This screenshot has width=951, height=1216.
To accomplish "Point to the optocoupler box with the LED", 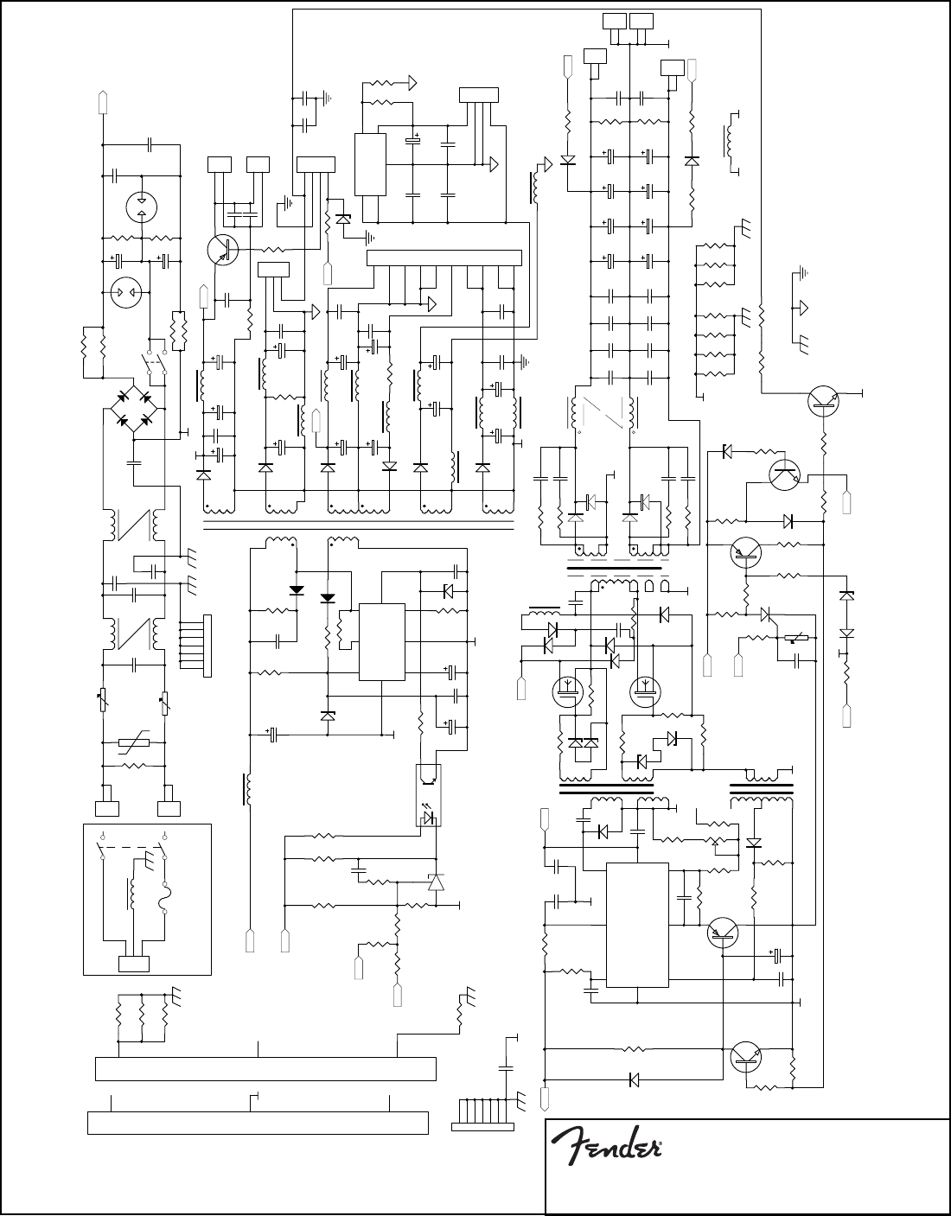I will pos(428,795).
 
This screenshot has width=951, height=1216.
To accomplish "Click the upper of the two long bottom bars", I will pos(265,1068).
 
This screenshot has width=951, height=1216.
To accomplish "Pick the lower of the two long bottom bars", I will pos(258,1123).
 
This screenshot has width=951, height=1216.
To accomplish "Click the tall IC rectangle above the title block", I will pos(637,924).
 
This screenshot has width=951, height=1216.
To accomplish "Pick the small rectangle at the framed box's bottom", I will pos(133,964).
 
